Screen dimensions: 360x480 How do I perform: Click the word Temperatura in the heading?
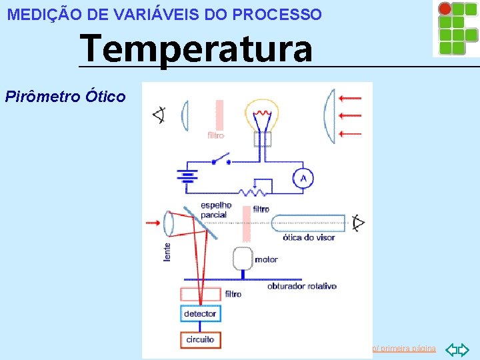pyautogui.click(x=195, y=49)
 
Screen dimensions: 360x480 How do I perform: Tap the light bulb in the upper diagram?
pyautogui.click(x=261, y=117)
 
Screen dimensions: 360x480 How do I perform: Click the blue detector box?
pyautogui.click(x=200, y=313)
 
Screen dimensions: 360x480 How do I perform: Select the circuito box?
pyautogui.click(x=200, y=339)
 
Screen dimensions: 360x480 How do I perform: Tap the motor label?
pyautogui.click(x=267, y=259)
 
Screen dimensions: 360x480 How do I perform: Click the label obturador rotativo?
pyautogui.click(x=301, y=286)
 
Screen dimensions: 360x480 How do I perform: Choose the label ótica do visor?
pyautogui.click(x=309, y=237)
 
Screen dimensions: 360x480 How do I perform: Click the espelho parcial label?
pyautogui.click(x=215, y=209)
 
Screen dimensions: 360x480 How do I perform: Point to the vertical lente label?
pyautogui.click(x=167, y=251)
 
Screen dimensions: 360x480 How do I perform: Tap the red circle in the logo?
pyautogui.click(x=445, y=9)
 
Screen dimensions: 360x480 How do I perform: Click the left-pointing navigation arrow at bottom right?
pyautogui.click(x=452, y=349)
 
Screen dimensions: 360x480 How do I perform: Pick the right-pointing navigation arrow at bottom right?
pyautogui.click(x=465, y=349)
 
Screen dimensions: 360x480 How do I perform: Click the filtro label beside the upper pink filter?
pyautogui.click(x=215, y=135)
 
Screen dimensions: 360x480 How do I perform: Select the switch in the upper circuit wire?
pyautogui.click(x=220, y=161)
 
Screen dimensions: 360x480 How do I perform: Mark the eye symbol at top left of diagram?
pyautogui.click(x=159, y=115)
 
